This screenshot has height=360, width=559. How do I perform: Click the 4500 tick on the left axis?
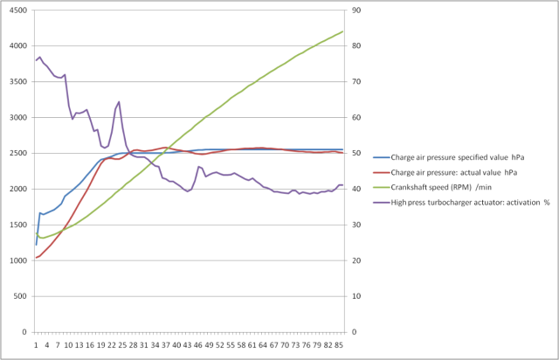pyautogui.click(x=17, y=10)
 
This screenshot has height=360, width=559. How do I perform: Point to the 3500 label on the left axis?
pyautogui.click(x=17, y=82)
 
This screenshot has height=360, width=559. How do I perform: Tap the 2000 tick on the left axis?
pyautogui.click(x=17, y=190)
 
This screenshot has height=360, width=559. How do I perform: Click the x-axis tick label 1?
pyautogui.click(x=36, y=344)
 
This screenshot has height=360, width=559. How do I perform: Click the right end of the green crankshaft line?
pyautogui.click(x=343, y=31)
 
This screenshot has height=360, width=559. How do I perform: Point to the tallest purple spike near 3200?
pyautogui.click(x=119, y=102)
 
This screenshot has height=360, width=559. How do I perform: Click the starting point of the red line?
pyautogui.click(x=36, y=258)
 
